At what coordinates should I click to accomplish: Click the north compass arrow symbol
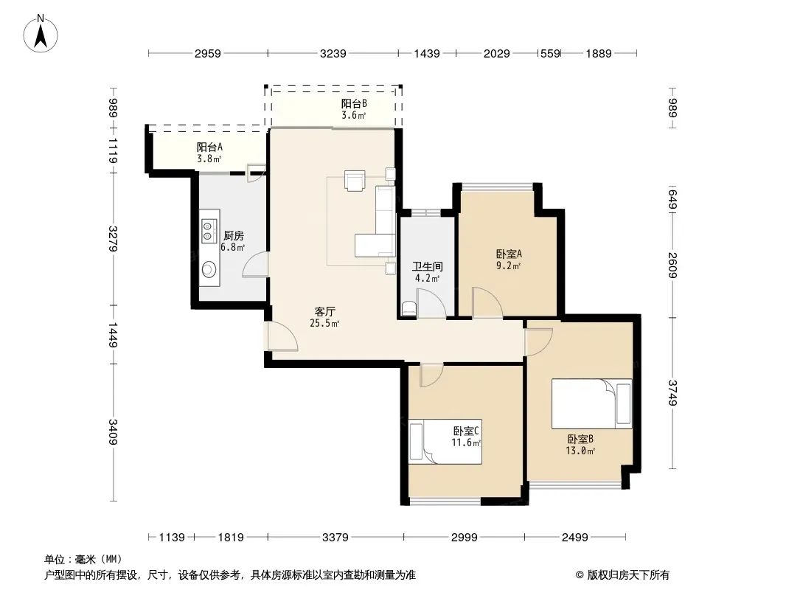click(x=41, y=33)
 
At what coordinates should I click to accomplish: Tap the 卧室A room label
click(x=509, y=254)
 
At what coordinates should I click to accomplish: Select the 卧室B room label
click(x=580, y=439)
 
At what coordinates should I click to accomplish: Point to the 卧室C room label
click(x=466, y=431)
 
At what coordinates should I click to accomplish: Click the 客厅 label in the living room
click(x=325, y=311)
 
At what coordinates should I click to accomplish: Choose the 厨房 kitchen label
click(x=234, y=235)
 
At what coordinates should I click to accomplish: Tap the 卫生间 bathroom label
click(x=428, y=267)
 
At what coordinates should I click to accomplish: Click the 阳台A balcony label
click(x=209, y=147)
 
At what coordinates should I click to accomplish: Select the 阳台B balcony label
click(x=355, y=104)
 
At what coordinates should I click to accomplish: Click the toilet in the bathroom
click(x=409, y=308)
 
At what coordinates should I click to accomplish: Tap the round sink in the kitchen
click(x=209, y=270)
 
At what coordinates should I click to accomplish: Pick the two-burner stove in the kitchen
click(x=209, y=231)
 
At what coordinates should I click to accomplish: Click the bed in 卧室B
click(x=591, y=403)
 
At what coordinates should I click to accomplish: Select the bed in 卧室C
click(x=445, y=442)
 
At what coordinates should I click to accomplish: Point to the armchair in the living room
click(x=355, y=181)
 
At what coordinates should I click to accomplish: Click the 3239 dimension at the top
click(x=333, y=53)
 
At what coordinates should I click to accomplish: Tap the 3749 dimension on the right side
click(x=672, y=393)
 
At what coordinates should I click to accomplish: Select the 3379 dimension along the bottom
click(x=335, y=538)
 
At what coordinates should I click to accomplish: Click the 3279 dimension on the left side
click(x=114, y=239)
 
